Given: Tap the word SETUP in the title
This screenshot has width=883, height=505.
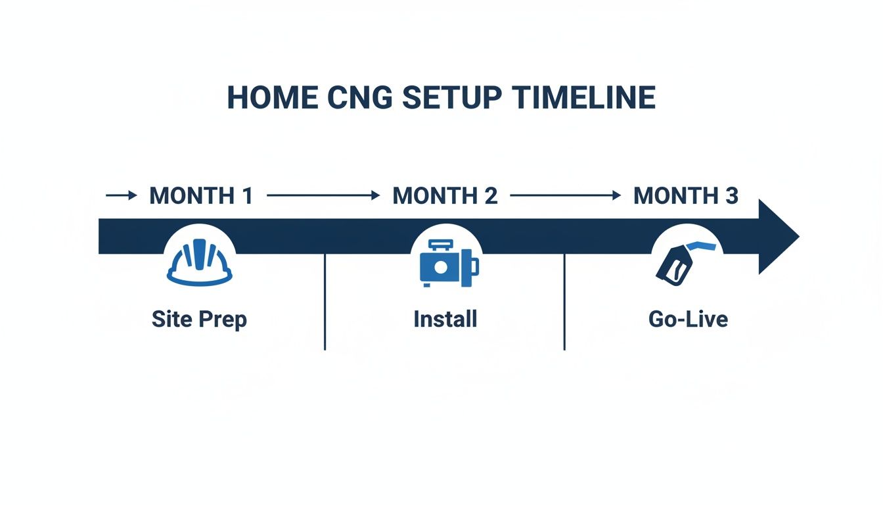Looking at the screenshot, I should point(453,98).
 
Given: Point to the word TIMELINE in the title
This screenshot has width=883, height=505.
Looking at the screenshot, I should point(584,98).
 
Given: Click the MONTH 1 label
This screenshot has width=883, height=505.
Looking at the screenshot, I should point(201,196).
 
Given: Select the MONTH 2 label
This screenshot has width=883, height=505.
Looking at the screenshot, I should point(445,196).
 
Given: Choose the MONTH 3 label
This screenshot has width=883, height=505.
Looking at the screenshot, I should point(686,196).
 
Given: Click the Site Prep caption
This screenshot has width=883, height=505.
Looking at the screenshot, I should point(199,320).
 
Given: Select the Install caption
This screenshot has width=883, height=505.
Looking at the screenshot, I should point(445,320).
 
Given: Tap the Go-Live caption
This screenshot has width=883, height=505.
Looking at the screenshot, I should point(688,320).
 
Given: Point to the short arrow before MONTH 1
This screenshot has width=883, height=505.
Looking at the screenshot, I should point(122,195).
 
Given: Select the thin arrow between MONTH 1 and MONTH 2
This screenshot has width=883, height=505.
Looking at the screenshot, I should point(323,195).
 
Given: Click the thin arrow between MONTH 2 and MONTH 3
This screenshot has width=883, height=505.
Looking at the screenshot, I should point(565,195).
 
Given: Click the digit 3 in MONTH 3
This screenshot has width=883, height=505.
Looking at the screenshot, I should point(731,196).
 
